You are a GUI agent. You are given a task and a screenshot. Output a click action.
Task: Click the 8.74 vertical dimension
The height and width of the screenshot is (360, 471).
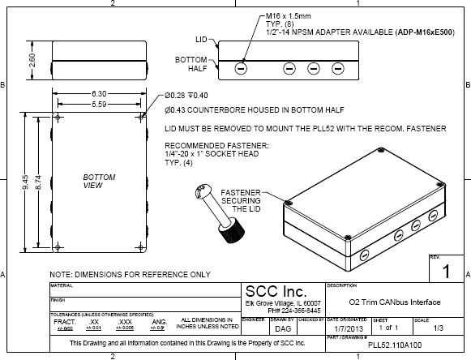pyautogui.click(x=41, y=183)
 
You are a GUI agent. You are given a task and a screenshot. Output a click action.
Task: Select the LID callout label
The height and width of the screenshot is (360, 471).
pyautogui.click(x=202, y=38)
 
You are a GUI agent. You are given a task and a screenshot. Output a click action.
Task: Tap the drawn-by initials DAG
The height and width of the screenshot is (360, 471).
pyautogui.click(x=283, y=328)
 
